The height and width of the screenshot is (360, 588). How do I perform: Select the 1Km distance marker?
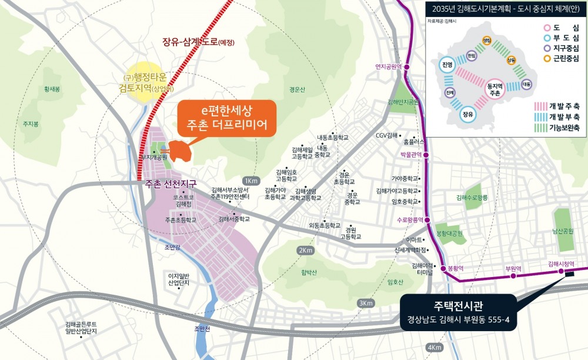(250, 181)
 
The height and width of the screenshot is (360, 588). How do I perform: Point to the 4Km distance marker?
(435, 347)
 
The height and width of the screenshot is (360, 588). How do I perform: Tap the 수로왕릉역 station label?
(410, 219)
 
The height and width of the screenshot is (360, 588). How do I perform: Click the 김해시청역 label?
(560, 264)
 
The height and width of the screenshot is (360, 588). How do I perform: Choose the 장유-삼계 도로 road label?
(198, 42)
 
